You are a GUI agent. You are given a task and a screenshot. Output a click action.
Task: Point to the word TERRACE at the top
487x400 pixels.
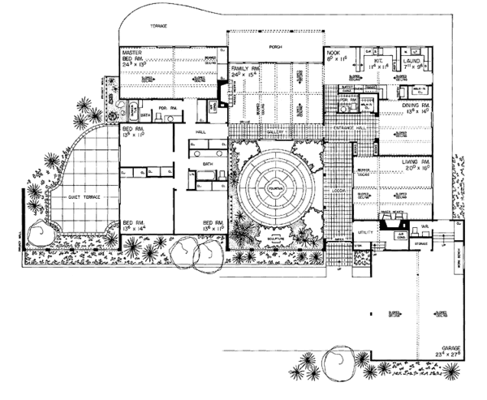[x=157, y=27]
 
